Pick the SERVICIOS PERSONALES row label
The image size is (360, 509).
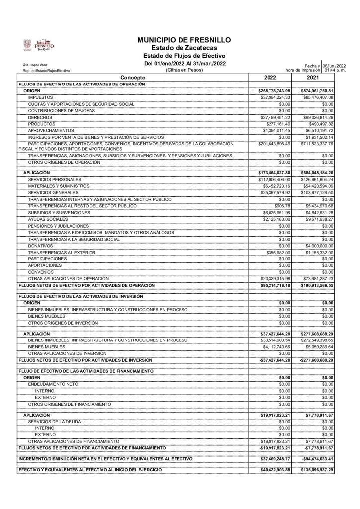pos(52,179)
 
